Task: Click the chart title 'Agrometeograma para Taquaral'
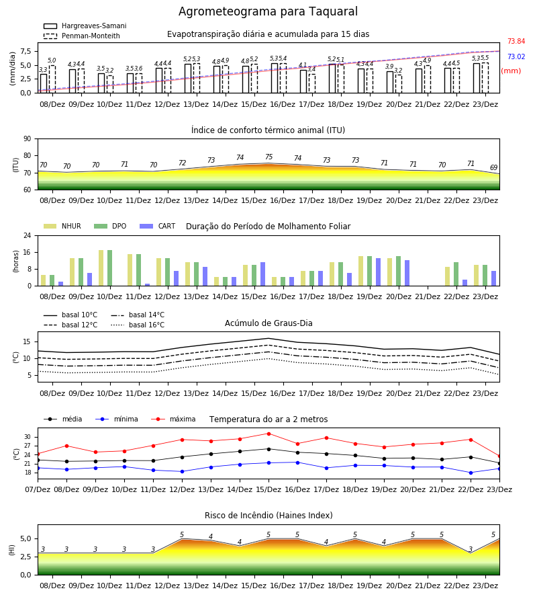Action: pyautogui.click(x=268, y=11)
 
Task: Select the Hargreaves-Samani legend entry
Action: pyautogui.click(x=85, y=26)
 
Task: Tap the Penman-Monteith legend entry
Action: pyautogui.click(x=82, y=36)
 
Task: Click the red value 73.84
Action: pyautogui.click(x=516, y=41)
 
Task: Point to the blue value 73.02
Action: pyautogui.click(x=516, y=56)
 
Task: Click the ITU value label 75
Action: pyautogui.click(x=269, y=157)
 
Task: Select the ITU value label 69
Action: pyautogui.click(x=493, y=167)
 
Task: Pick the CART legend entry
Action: pyautogui.click(x=157, y=226)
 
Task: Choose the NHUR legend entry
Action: pyautogui.click(x=62, y=226)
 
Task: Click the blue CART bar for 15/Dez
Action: pyautogui.click(x=262, y=274)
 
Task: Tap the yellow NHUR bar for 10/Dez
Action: pyautogui.click(x=101, y=268)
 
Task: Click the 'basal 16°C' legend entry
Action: pyautogui.click(x=137, y=325)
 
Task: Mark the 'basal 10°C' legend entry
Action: pyautogui.click(x=70, y=315)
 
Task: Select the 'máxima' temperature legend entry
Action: pyautogui.click(x=173, y=419)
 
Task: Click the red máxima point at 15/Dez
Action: pyautogui.click(x=269, y=434)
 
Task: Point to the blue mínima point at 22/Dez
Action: pyautogui.click(x=471, y=473)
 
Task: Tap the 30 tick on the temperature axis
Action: pyautogui.click(x=28, y=437)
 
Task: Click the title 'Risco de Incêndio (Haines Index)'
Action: pyautogui.click(x=268, y=516)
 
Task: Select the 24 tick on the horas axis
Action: pyautogui.click(x=28, y=235)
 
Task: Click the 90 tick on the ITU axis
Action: pyautogui.click(x=28, y=139)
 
